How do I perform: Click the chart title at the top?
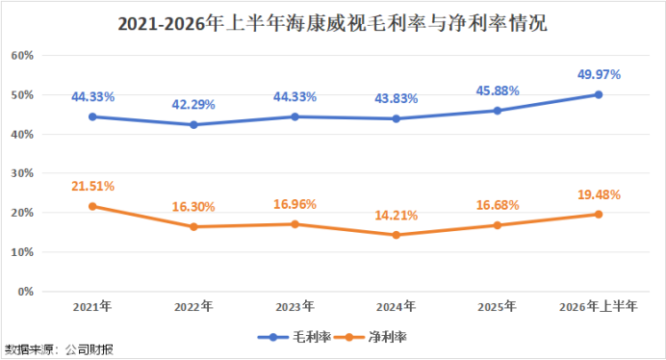click(x=333, y=23)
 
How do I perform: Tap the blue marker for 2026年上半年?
click(x=599, y=94)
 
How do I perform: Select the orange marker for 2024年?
click(x=397, y=235)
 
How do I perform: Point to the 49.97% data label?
click(x=599, y=75)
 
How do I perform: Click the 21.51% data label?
click(x=92, y=186)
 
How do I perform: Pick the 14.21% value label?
click(x=397, y=216)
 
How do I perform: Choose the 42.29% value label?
click(x=193, y=105)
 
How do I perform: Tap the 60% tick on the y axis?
click(x=22, y=55)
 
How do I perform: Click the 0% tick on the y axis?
click(x=26, y=292)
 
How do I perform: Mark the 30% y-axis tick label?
click(x=22, y=173)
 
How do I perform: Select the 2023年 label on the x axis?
click(x=295, y=306)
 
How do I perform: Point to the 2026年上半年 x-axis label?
click(x=599, y=306)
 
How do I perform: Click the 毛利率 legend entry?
click(x=295, y=338)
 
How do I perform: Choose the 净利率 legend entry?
click(x=371, y=338)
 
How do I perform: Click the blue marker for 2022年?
click(x=193, y=125)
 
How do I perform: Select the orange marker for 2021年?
click(x=92, y=207)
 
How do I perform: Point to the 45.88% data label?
click(x=498, y=90)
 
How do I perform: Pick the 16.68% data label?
click(x=498, y=205)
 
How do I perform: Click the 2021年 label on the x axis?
click(x=92, y=306)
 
